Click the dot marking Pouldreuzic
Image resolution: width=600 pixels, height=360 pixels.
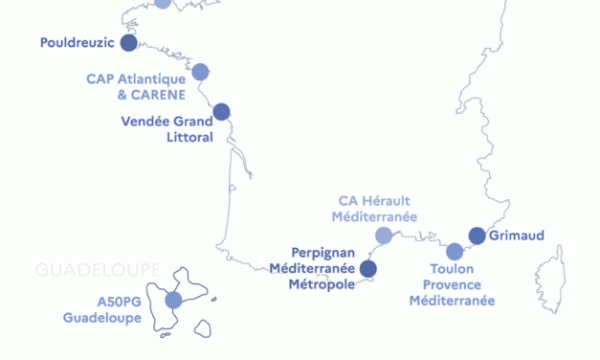129,42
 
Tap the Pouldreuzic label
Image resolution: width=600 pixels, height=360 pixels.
78,43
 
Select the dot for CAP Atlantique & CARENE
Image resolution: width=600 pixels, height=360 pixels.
200,72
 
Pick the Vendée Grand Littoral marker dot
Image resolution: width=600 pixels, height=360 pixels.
221,112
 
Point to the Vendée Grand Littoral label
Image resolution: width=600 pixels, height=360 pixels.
167,129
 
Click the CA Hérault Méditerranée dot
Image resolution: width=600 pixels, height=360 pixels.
384,236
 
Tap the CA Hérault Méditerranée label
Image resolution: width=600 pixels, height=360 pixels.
374,209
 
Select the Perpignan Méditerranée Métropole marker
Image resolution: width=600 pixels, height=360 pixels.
367,268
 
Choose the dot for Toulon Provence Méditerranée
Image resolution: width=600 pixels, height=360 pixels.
455,252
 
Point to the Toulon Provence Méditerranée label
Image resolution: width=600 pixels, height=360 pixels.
452,285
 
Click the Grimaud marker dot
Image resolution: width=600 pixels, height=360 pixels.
477,236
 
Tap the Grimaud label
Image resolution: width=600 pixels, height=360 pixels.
517,236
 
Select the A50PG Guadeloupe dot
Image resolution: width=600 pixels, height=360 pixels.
173,301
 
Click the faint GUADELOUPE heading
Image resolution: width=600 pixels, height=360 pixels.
97,271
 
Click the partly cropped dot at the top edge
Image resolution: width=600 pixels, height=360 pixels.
163,3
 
